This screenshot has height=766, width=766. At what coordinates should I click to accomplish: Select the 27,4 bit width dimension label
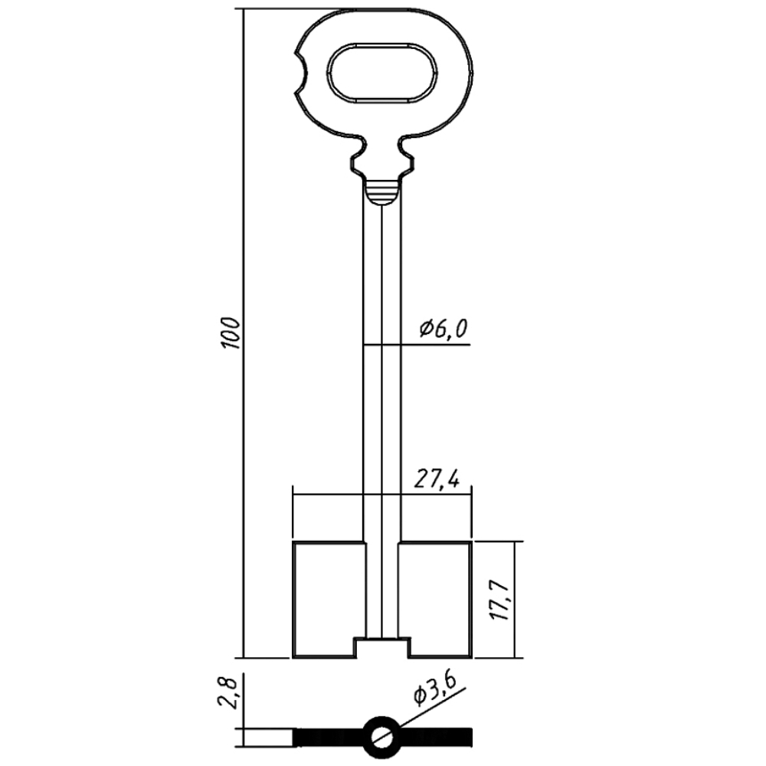[437, 479]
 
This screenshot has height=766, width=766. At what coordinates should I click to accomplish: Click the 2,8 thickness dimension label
[228, 692]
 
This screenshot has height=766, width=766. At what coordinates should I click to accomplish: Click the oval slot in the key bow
[382, 74]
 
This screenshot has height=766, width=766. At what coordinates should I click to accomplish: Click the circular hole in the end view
[382, 737]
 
